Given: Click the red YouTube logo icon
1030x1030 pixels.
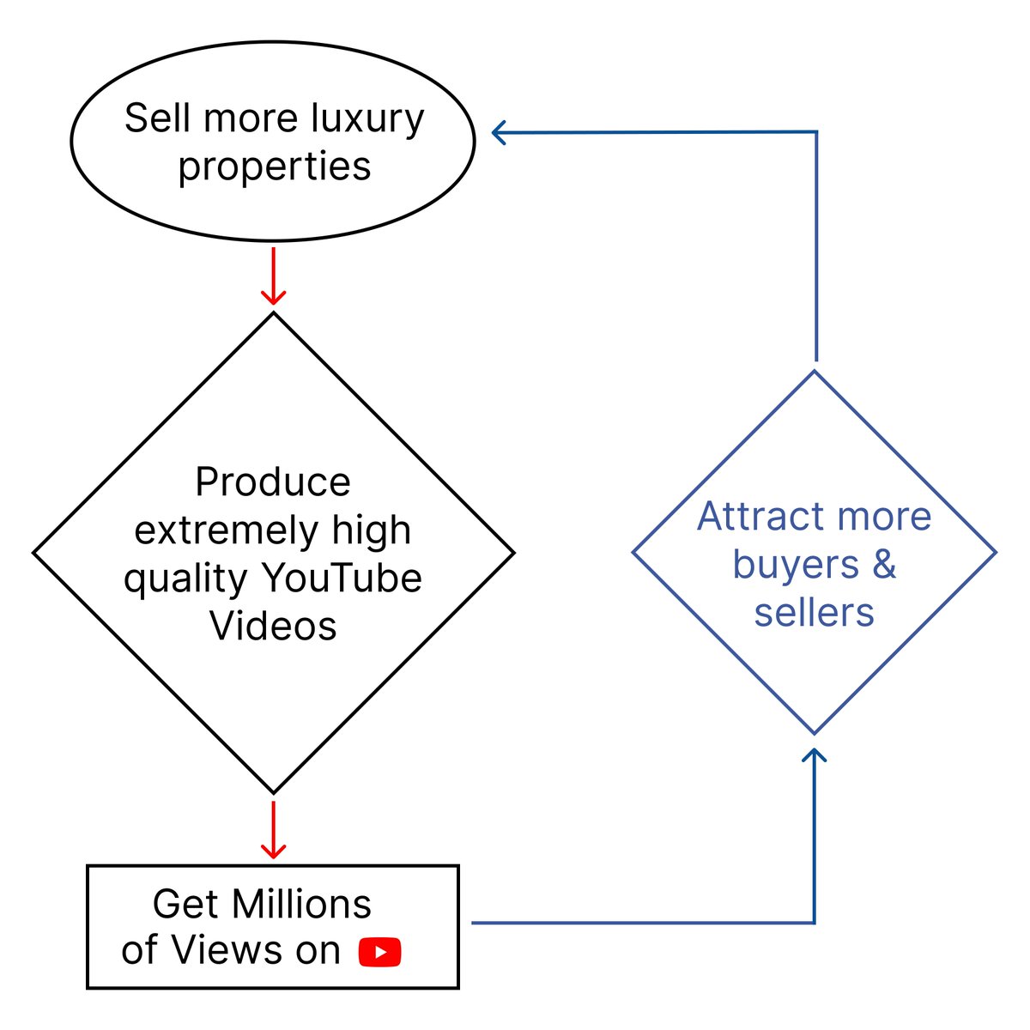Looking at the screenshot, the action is coord(380,952).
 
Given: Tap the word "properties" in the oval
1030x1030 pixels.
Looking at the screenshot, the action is coord(275,166).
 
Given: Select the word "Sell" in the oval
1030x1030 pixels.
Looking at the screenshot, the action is coord(158,118).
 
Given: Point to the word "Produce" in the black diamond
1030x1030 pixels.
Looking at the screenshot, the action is coord(273,482).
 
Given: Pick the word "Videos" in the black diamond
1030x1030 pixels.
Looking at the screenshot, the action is coord(273,626).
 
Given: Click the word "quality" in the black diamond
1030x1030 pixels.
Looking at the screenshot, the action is coord(185,579).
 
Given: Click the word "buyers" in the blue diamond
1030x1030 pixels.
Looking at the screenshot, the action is coord(785,565).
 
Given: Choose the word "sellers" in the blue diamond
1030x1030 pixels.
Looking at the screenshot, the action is coord(814,613).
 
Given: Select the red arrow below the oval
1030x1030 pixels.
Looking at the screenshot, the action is coord(273,276).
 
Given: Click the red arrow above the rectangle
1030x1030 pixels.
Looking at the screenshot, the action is coord(273,830).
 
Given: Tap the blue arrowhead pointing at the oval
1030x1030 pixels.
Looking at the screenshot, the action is coord(500,132).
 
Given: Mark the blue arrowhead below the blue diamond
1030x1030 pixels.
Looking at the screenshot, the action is coord(814,755).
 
